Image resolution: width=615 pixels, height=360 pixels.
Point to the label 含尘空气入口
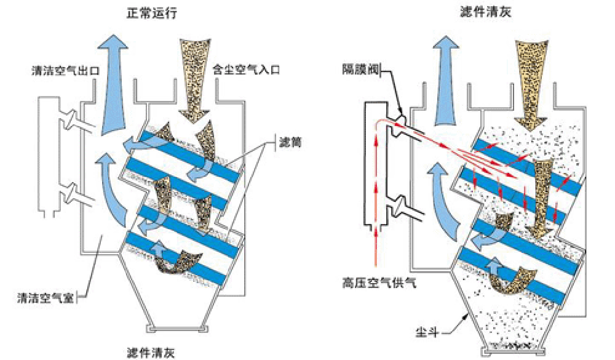pos(245,70)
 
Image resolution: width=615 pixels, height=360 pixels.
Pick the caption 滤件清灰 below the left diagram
pos(152,353)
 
